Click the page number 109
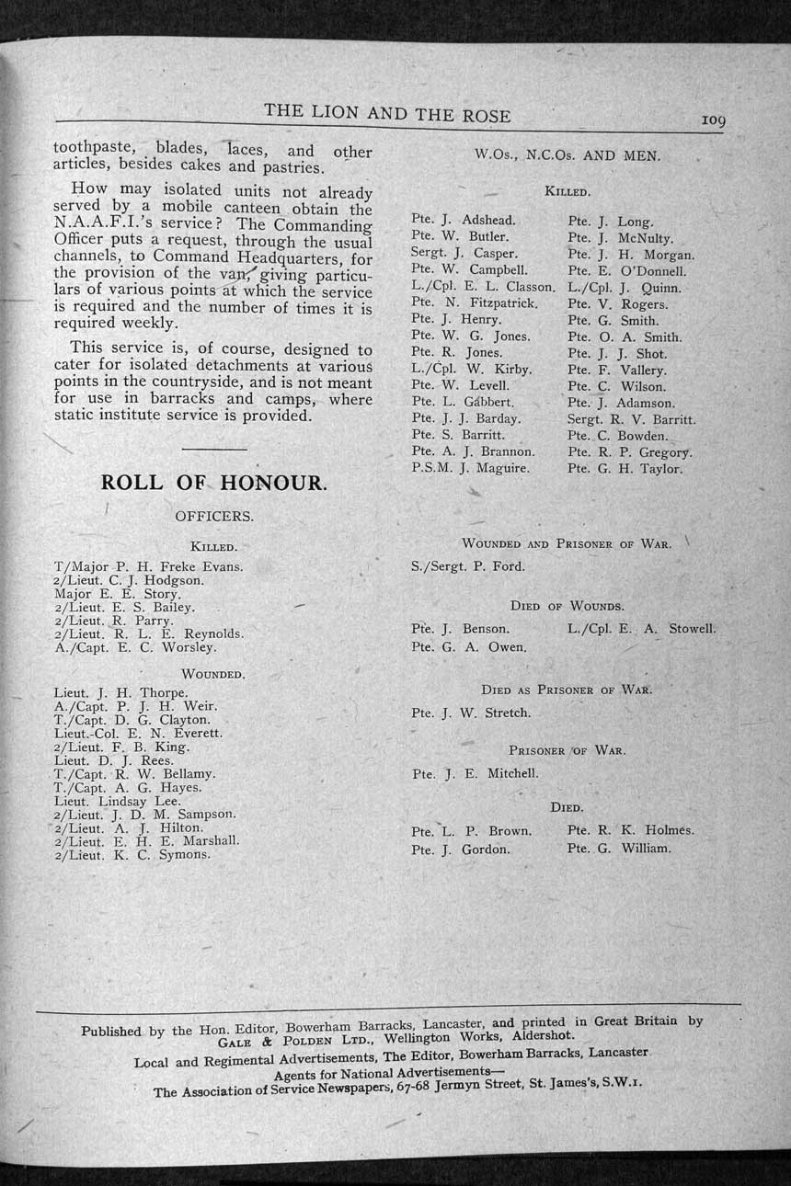pyautogui.click(x=713, y=120)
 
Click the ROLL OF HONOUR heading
pyautogui.click(x=212, y=483)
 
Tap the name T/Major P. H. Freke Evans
pyautogui.click(x=149, y=566)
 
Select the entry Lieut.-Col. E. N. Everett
pyautogui.click(x=139, y=734)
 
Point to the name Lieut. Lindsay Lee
pyautogui.click(x=118, y=801)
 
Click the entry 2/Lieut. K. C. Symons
pyautogui.click(x=132, y=854)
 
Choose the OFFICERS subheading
pyautogui.click(x=213, y=517)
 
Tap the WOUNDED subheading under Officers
pyautogui.click(x=212, y=675)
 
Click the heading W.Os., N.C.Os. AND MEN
pyautogui.click(x=567, y=155)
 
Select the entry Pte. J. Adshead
pyautogui.click(x=464, y=220)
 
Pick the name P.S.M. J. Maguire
pyautogui.click(x=470, y=468)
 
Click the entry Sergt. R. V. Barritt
pyautogui.click(x=631, y=419)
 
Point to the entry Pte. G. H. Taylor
pyautogui.click(x=625, y=469)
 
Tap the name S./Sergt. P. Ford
pyautogui.click(x=468, y=566)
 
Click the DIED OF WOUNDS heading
pyautogui.click(x=567, y=607)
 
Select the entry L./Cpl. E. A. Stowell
pyautogui.click(x=641, y=629)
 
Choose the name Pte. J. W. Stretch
pyautogui.click(x=471, y=713)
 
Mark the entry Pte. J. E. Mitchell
pyautogui.click(x=475, y=774)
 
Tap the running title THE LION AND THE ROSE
pyautogui.click(x=387, y=113)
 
